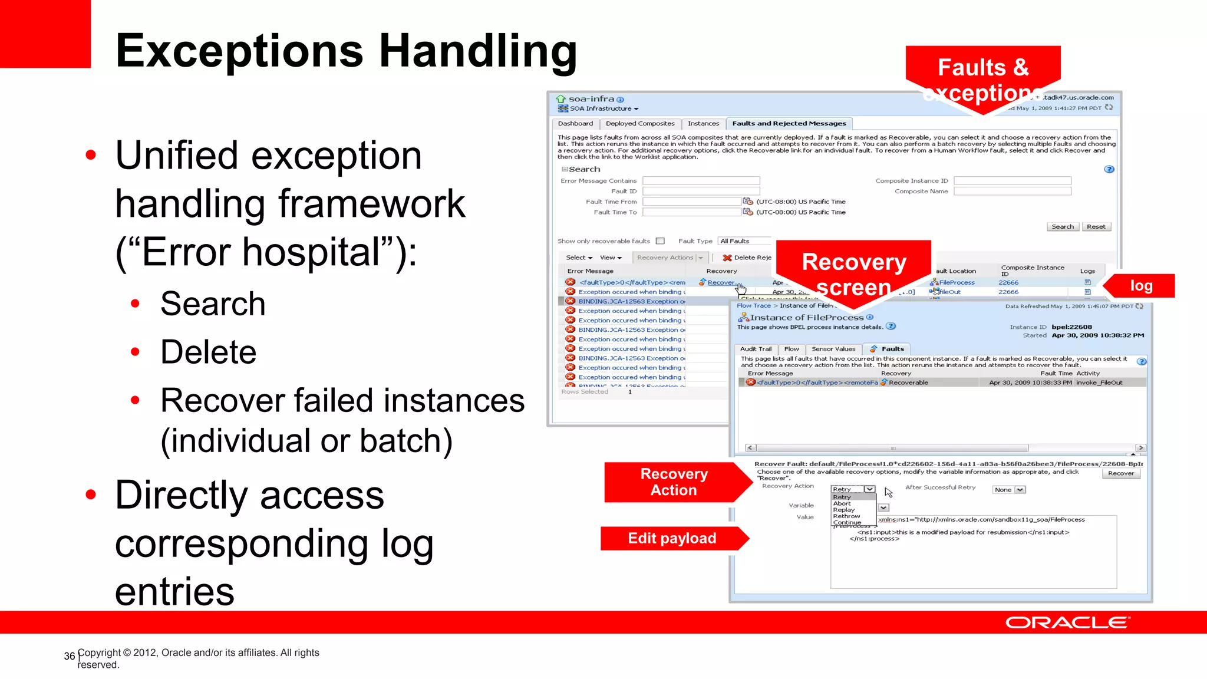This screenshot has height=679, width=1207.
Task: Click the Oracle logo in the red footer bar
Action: [1067, 623]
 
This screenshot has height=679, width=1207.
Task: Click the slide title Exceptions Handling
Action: [346, 51]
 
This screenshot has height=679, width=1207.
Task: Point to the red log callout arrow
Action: [1140, 286]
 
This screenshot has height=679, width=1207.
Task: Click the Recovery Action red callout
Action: [674, 482]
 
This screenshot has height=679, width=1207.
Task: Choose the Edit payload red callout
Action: [672, 538]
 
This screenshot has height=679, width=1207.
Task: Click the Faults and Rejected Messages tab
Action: [789, 124]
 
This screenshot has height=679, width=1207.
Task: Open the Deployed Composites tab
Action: [640, 124]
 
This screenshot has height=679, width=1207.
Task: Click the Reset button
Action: [1096, 227]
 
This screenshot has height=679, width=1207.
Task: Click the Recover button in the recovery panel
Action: [1120, 473]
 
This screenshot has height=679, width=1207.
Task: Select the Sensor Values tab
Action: [833, 349]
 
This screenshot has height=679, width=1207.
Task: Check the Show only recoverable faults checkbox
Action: [660, 241]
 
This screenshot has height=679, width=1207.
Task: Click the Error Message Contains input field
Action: [701, 181]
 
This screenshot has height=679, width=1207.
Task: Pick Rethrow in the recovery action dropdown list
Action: [846, 516]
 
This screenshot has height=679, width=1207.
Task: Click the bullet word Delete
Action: [209, 352]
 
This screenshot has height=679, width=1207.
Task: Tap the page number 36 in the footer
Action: [70, 656]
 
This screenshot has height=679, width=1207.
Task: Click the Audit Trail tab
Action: [756, 349]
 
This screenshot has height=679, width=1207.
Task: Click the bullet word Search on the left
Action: [213, 304]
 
